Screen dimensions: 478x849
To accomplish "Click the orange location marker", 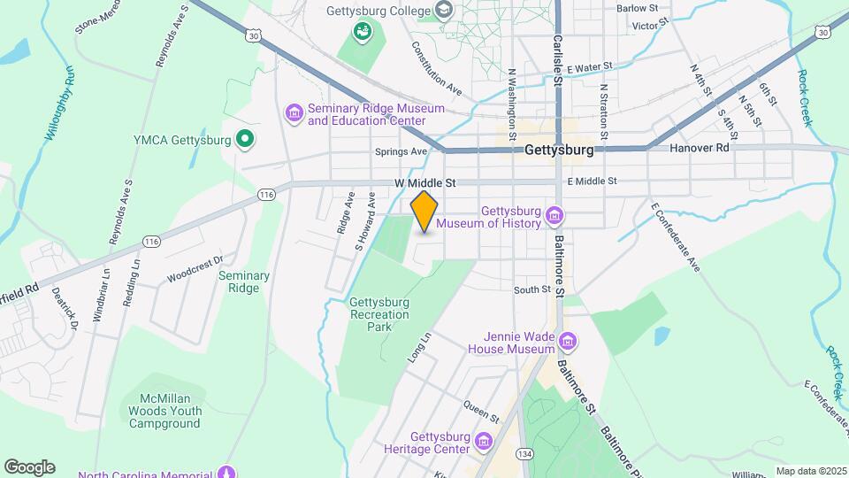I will click(x=424, y=211).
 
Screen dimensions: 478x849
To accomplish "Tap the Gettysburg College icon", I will click(x=444, y=10).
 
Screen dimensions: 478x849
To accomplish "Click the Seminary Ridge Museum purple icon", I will click(x=294, y=113).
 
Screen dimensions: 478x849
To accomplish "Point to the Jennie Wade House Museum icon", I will click(x=568, y=342).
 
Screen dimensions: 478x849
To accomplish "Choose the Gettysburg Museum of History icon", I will click(x=555, y=216).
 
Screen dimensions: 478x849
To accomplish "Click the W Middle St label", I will click(x=424, y=183).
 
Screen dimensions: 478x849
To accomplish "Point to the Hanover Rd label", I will click(x=699, y=149).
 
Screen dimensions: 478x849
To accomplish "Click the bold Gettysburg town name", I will click(x=558, y=150).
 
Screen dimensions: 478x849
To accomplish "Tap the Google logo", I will click(x=29, y=466).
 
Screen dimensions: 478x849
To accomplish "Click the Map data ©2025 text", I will click(x=810, y=471).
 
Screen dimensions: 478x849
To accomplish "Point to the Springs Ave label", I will click(x=401, y=151).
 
